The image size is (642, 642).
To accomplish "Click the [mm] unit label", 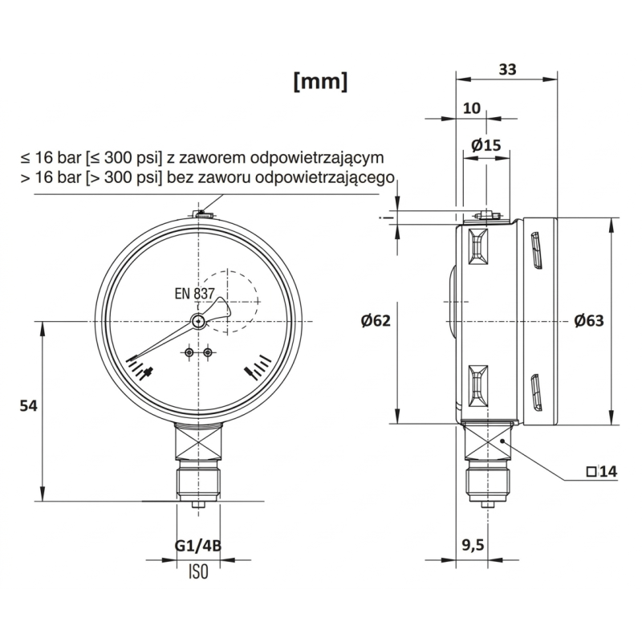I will tap(321, 81).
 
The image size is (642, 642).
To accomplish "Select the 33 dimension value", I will tap(507, 69).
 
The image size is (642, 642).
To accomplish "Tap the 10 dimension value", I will tap(472, 108).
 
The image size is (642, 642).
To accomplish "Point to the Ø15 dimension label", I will tap(486, 145).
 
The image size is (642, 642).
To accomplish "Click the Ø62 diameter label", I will tap(376, 321).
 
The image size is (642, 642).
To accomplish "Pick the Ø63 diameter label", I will tap(588, 321).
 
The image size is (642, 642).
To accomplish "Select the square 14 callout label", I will tap(602, 472).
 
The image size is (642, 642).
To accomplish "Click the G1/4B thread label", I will tap(198, 547).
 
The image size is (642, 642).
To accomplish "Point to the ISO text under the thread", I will tap(198, 572).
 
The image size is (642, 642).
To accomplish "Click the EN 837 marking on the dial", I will tap(194, 294).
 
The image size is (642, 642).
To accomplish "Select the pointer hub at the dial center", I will tap(198, 321).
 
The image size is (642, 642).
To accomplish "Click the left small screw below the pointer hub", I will tap(189, 353).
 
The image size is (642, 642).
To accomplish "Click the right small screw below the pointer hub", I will tap(208, 353).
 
